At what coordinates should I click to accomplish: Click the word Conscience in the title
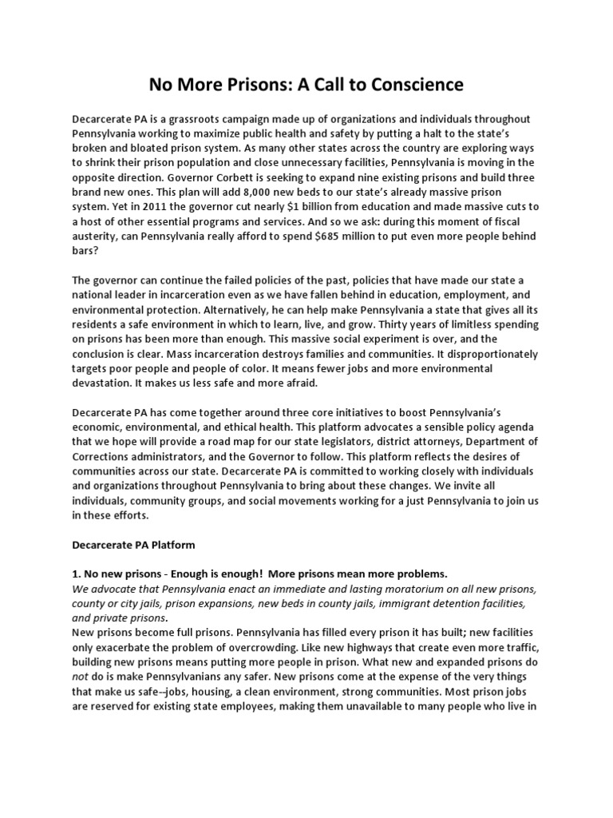406,84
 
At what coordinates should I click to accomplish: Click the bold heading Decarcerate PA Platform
134,546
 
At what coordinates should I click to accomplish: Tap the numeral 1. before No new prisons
77,575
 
